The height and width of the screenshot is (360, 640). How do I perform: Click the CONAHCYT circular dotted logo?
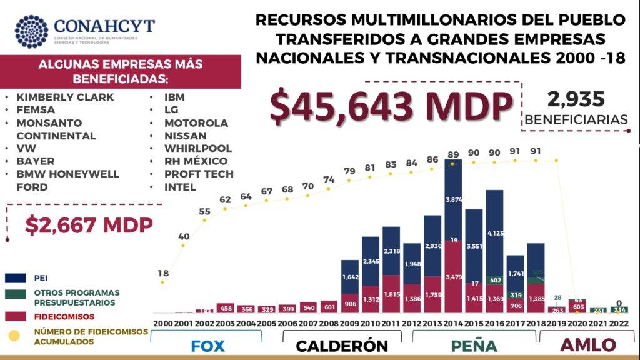click(x=31, y=32)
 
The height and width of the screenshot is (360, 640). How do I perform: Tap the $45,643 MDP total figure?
click(x=391, y=104)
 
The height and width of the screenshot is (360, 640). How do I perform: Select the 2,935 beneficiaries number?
click(x=576, y=99)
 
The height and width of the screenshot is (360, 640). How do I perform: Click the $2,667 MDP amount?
click(x=89, y=225)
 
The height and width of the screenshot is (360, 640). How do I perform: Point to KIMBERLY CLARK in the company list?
click(x=65, y=97)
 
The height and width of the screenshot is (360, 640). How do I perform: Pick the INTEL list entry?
click(x=180, y=187)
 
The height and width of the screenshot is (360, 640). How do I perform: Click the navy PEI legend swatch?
click(x=16, y=277)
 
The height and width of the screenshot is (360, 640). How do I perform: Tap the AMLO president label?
click(x=587, y=345)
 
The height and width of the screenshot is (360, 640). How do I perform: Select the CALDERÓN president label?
click(x=342, y=346)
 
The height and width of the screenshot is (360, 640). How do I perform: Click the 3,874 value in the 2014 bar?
click(x=453, y=199)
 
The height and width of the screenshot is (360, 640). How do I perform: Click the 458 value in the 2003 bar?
click(x=225, y=309)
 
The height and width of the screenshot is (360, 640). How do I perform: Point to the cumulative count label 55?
click(x=204, y=212)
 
